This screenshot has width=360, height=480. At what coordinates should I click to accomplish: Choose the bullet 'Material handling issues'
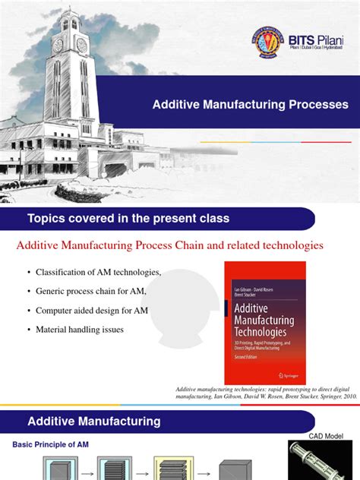pos(81,329)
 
